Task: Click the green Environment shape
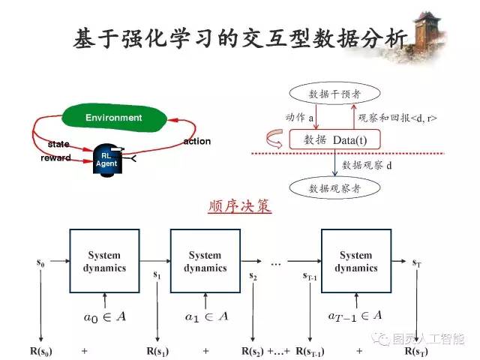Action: tap(113, 118)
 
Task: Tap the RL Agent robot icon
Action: tap(106, 158)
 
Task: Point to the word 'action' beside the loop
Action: tap(197, 141)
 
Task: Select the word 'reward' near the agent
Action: tap(55, 158)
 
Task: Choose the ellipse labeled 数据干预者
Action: tap(334, 94)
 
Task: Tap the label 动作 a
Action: tap(299, 117)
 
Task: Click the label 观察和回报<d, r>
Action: tap(398, 118)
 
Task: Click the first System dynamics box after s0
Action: tap(106, 261)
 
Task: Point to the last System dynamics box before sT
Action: tap(356, 261)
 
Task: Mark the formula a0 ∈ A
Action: tap(105, 317)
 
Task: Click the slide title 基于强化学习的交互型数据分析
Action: tap(240, 39)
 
